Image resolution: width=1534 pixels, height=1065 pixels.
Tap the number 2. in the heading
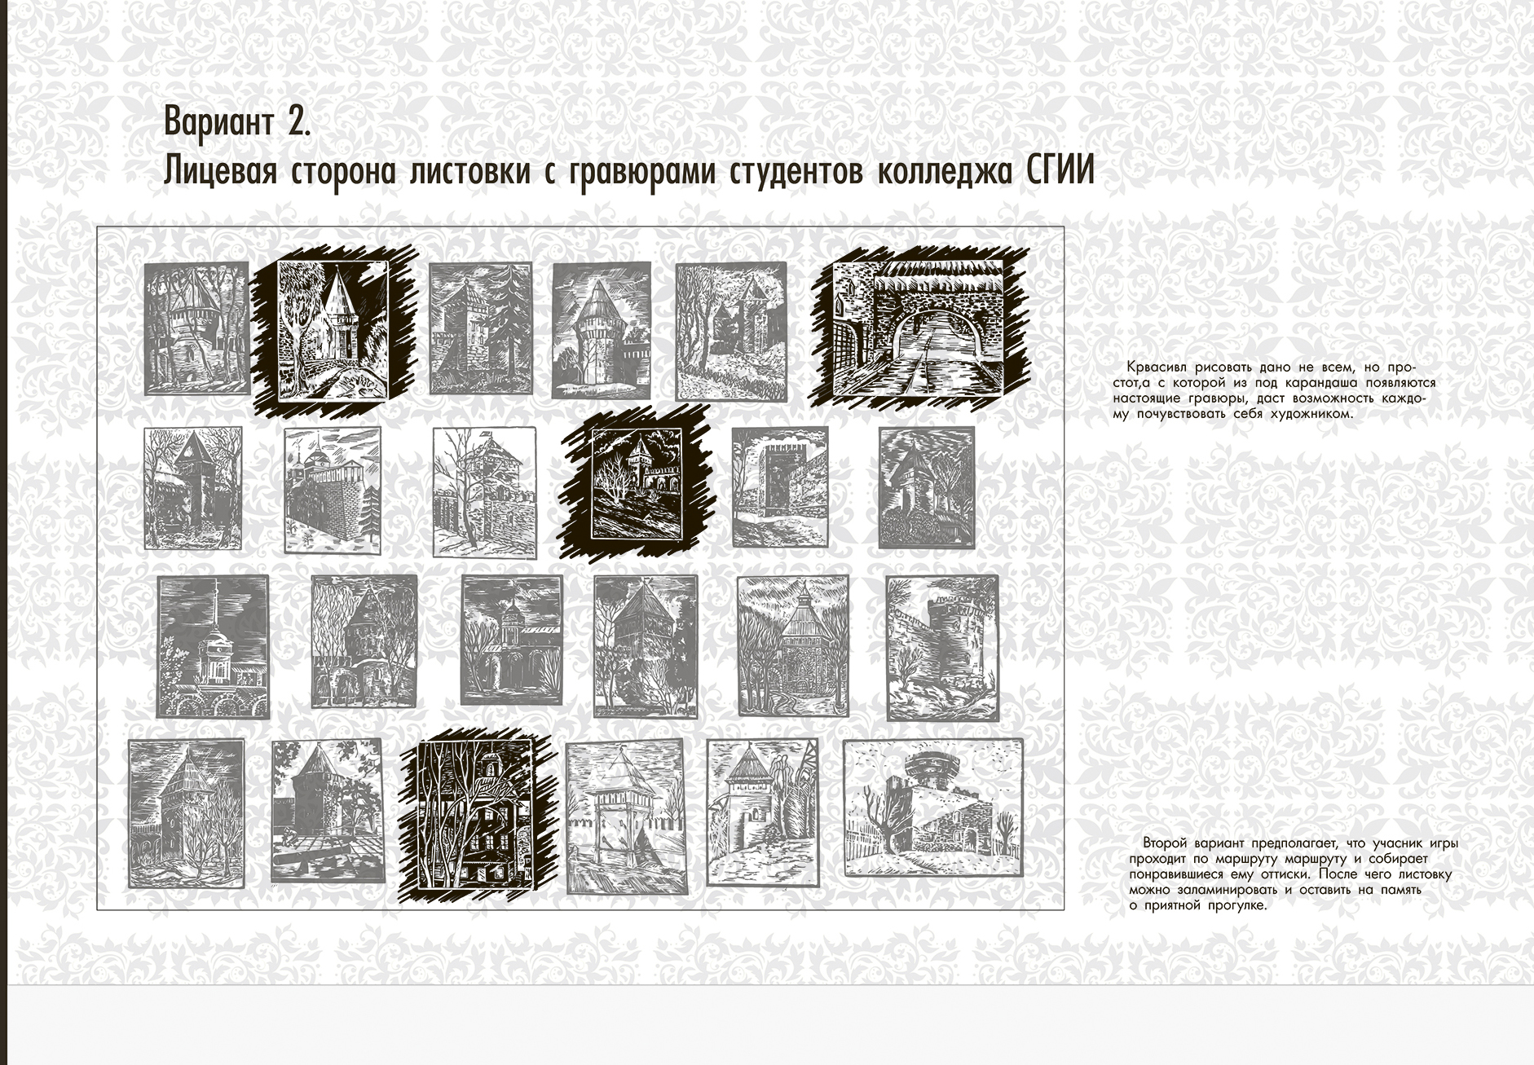pyautogui.click(x=298, y=121)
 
